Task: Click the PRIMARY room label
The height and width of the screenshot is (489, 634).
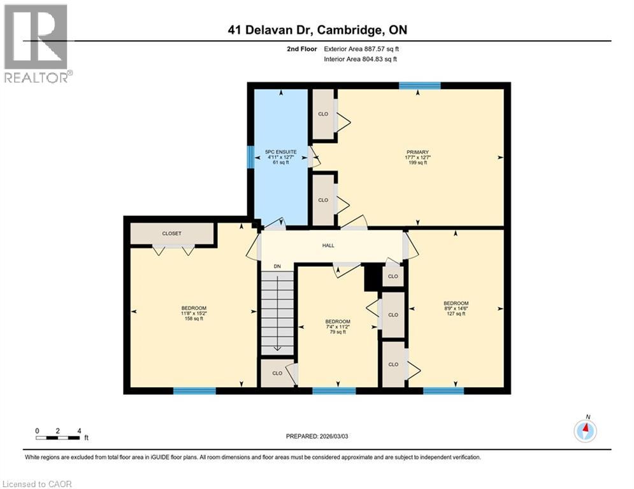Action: click(x=417, y=152)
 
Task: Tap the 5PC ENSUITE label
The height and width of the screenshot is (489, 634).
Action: click(x=281, y=152)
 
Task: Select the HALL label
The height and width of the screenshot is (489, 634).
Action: click(x=328, y=245)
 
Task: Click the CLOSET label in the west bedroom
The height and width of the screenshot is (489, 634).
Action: click(x=171, y=234)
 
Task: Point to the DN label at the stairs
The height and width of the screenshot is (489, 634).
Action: click(x=277, y=266)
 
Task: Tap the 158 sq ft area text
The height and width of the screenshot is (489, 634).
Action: click(x=193, y=319)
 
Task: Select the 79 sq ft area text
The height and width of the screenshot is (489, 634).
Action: click(x=337, y=332)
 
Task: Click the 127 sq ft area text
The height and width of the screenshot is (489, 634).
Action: click(x=456, y=314)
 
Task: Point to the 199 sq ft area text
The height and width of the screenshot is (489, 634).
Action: click(x=417, y=163)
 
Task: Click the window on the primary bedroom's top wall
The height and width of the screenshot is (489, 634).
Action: click(x=419, y=85)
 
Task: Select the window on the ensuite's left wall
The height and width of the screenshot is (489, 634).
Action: click(x=250, y=157)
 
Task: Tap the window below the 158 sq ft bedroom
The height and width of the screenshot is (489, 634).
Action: click(x=194, y=390)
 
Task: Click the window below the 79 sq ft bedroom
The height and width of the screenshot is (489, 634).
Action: click(x=334, y=390)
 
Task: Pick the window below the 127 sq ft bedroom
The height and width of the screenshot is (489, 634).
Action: click(x=443, y=390)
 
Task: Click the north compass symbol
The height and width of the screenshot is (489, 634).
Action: click(x=584, y=430)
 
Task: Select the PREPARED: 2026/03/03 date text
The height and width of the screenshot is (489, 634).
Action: click(x=318, y=436)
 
